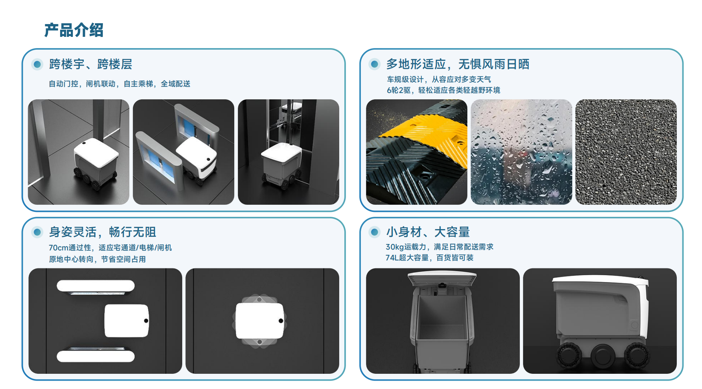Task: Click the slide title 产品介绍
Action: pos(74,30)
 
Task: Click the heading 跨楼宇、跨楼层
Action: pos(91,64)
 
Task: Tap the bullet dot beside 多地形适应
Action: pos(374,64)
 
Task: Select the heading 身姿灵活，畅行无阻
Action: pos(103,232)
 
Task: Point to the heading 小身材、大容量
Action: pos(428,232)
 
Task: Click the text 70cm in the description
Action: pos(58,248)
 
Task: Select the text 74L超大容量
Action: pos(407,258)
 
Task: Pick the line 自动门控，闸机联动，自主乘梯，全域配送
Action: pos(119,84)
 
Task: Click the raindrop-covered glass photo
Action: pos(521,152)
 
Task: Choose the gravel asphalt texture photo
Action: pos(626,152)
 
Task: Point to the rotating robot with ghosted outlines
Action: pos(259,321)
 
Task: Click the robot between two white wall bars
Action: pos(127,320)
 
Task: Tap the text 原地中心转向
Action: pos(71,259)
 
